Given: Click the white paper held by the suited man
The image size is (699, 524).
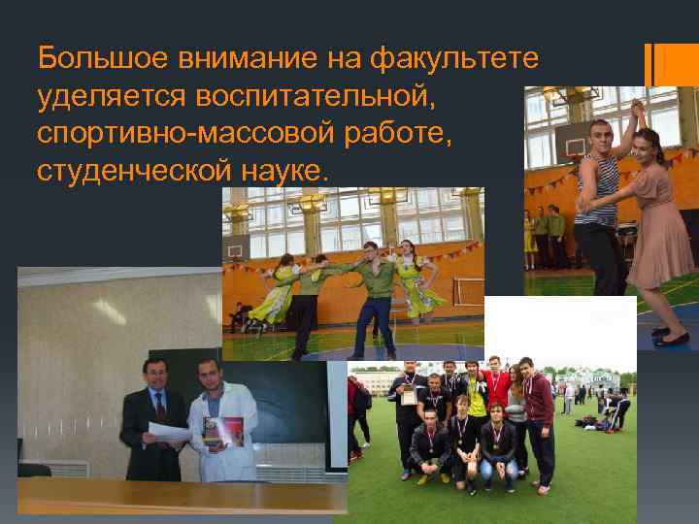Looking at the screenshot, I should [x=168, y=433].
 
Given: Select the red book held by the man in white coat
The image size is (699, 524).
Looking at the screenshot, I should [x=223, y=430].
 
